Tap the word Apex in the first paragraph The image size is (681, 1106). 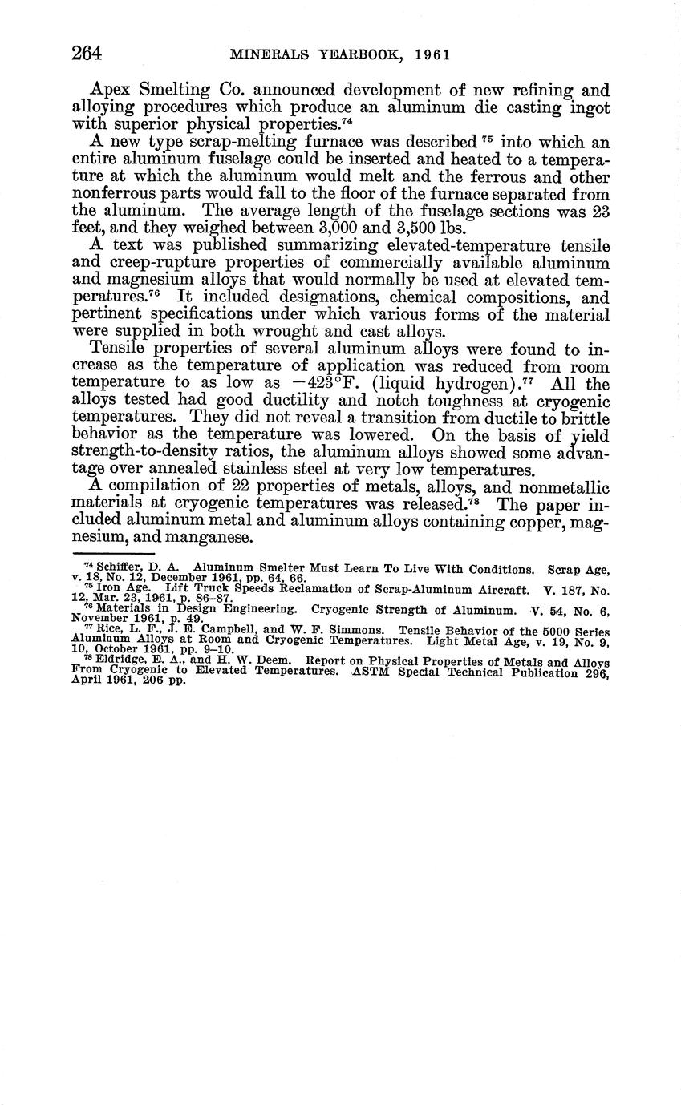click(114, 91)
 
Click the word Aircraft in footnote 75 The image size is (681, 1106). click(498, 591)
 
